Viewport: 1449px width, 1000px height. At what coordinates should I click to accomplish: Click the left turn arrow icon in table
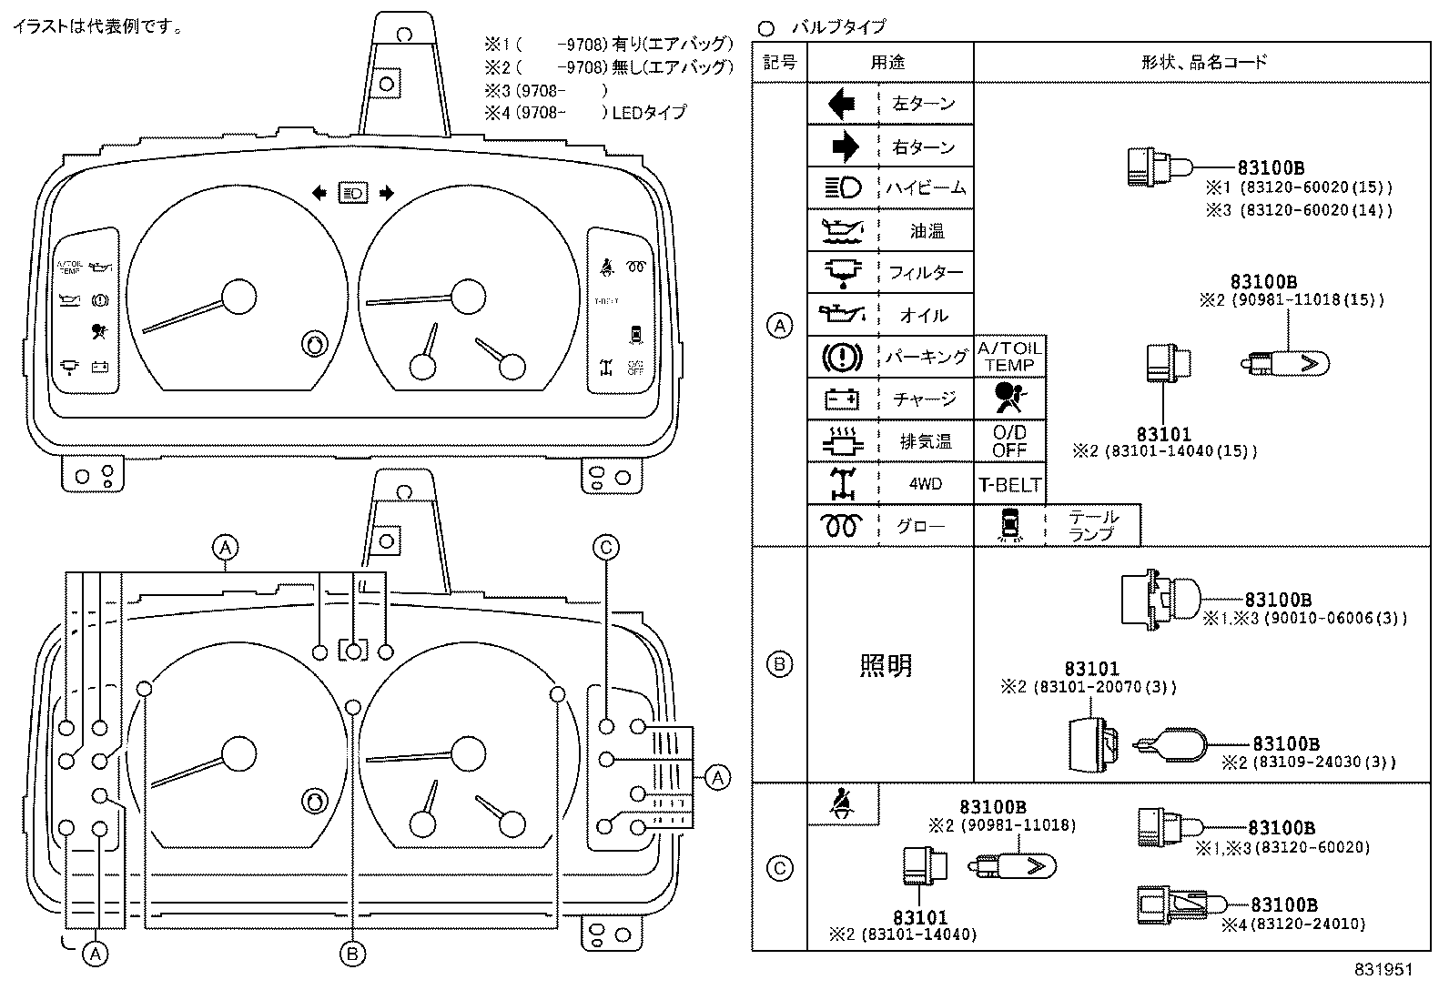pos(842,104)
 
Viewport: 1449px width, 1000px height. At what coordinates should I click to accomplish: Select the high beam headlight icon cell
pos(842,188)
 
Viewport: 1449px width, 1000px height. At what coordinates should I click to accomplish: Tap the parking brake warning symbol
pos(842,356)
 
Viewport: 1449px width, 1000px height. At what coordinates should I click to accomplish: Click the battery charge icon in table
pos(842,399)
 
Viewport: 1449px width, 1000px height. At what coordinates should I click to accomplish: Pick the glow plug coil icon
pos(842,526)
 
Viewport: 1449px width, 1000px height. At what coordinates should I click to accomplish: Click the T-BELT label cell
pos(1009,485)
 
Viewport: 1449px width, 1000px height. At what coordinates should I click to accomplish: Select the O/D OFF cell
pos(1009,441)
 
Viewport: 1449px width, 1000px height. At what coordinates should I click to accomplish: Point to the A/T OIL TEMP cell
pos(1009,357)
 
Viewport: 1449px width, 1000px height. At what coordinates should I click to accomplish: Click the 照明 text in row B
pos(886,666)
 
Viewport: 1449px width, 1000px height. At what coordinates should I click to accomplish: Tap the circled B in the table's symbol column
pos(779,664)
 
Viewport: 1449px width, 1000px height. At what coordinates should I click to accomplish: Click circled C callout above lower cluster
pos(606,547)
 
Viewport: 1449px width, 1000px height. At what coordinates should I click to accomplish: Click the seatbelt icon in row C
pos(842,803)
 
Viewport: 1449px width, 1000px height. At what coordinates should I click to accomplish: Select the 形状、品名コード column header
pos(1203,62)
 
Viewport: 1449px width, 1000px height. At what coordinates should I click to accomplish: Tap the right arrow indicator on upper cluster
pos(386,192)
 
